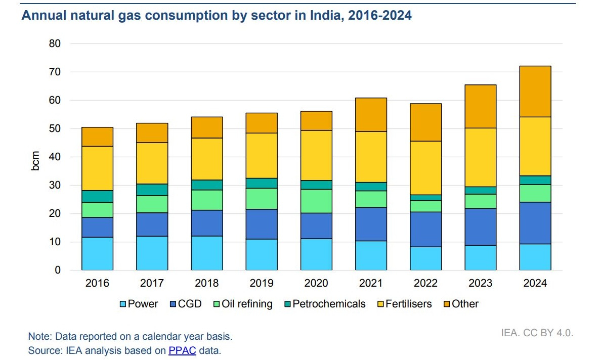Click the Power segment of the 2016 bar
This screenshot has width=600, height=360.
click(x=97, y=254)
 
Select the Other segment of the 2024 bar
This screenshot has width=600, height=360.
click(x=535, y=92)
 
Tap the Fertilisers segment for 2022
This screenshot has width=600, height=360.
click(x=425, y=168)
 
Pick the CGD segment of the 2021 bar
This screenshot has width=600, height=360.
click(x=371, y=224)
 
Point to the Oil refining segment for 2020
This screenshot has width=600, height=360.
click(x=316, y=201)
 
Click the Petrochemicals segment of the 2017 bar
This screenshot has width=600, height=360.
click(x=152, y=190)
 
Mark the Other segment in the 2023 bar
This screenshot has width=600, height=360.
click(x=480, y=106)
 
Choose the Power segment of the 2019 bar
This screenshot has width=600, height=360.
click(x=262, y=255)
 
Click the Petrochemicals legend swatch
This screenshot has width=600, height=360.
click(x=288, y=304)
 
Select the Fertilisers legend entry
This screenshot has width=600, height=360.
click(x=404, y=304)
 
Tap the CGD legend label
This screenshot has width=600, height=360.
click(x=190, y=304)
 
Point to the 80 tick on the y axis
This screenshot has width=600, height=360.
click(x=55, y=43)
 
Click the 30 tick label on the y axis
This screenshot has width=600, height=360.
click(x=55, y=185)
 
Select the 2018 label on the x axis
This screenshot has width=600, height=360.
click(x=206, y=283)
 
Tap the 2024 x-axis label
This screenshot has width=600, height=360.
click(x=535, y=283)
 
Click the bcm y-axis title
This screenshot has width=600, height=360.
click(x=35, y=161)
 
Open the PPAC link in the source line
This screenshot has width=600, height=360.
click(x=182, y=350)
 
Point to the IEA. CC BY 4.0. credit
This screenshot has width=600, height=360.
click(x=537, y=333)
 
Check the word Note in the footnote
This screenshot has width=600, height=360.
click(x=40, y=337)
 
